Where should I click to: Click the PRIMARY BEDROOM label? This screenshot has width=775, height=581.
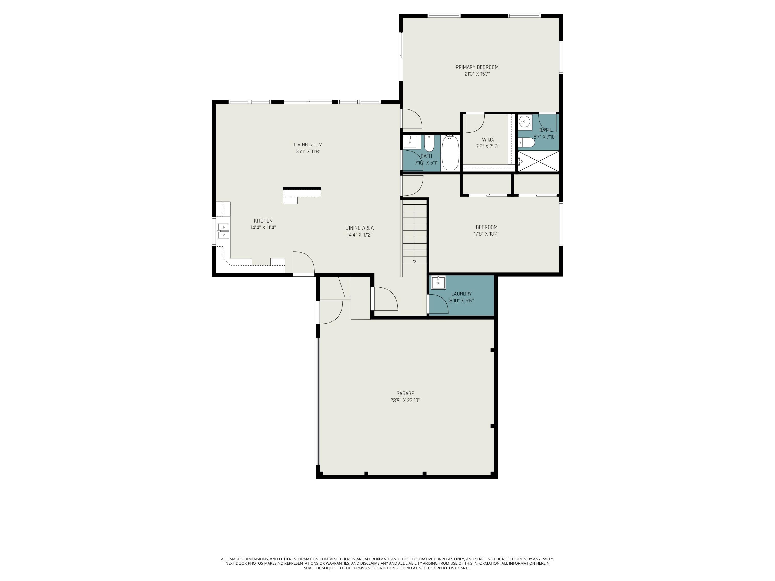pos(477,67)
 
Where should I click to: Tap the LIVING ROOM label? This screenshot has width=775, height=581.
pos(308,145)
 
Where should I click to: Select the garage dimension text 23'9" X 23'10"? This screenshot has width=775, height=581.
pos(405,400)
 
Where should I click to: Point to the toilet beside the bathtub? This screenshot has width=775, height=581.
pos(430,143)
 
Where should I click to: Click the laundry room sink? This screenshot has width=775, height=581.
pos(438,282)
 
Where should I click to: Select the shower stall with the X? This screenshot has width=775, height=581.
pos(538,161)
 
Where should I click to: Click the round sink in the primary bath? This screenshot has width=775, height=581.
pos(524,122)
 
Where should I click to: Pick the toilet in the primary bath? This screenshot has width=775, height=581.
pos(526,143)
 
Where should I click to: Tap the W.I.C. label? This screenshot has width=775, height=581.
pos(488,140)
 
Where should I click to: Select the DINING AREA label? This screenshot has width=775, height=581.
pos(360,228)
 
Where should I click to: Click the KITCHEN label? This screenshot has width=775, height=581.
pos(263,221)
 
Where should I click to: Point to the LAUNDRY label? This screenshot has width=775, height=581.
pos(461,294)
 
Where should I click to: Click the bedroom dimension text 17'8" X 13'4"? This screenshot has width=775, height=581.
pos(487,234)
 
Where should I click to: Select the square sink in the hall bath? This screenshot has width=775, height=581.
pos(410,143)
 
